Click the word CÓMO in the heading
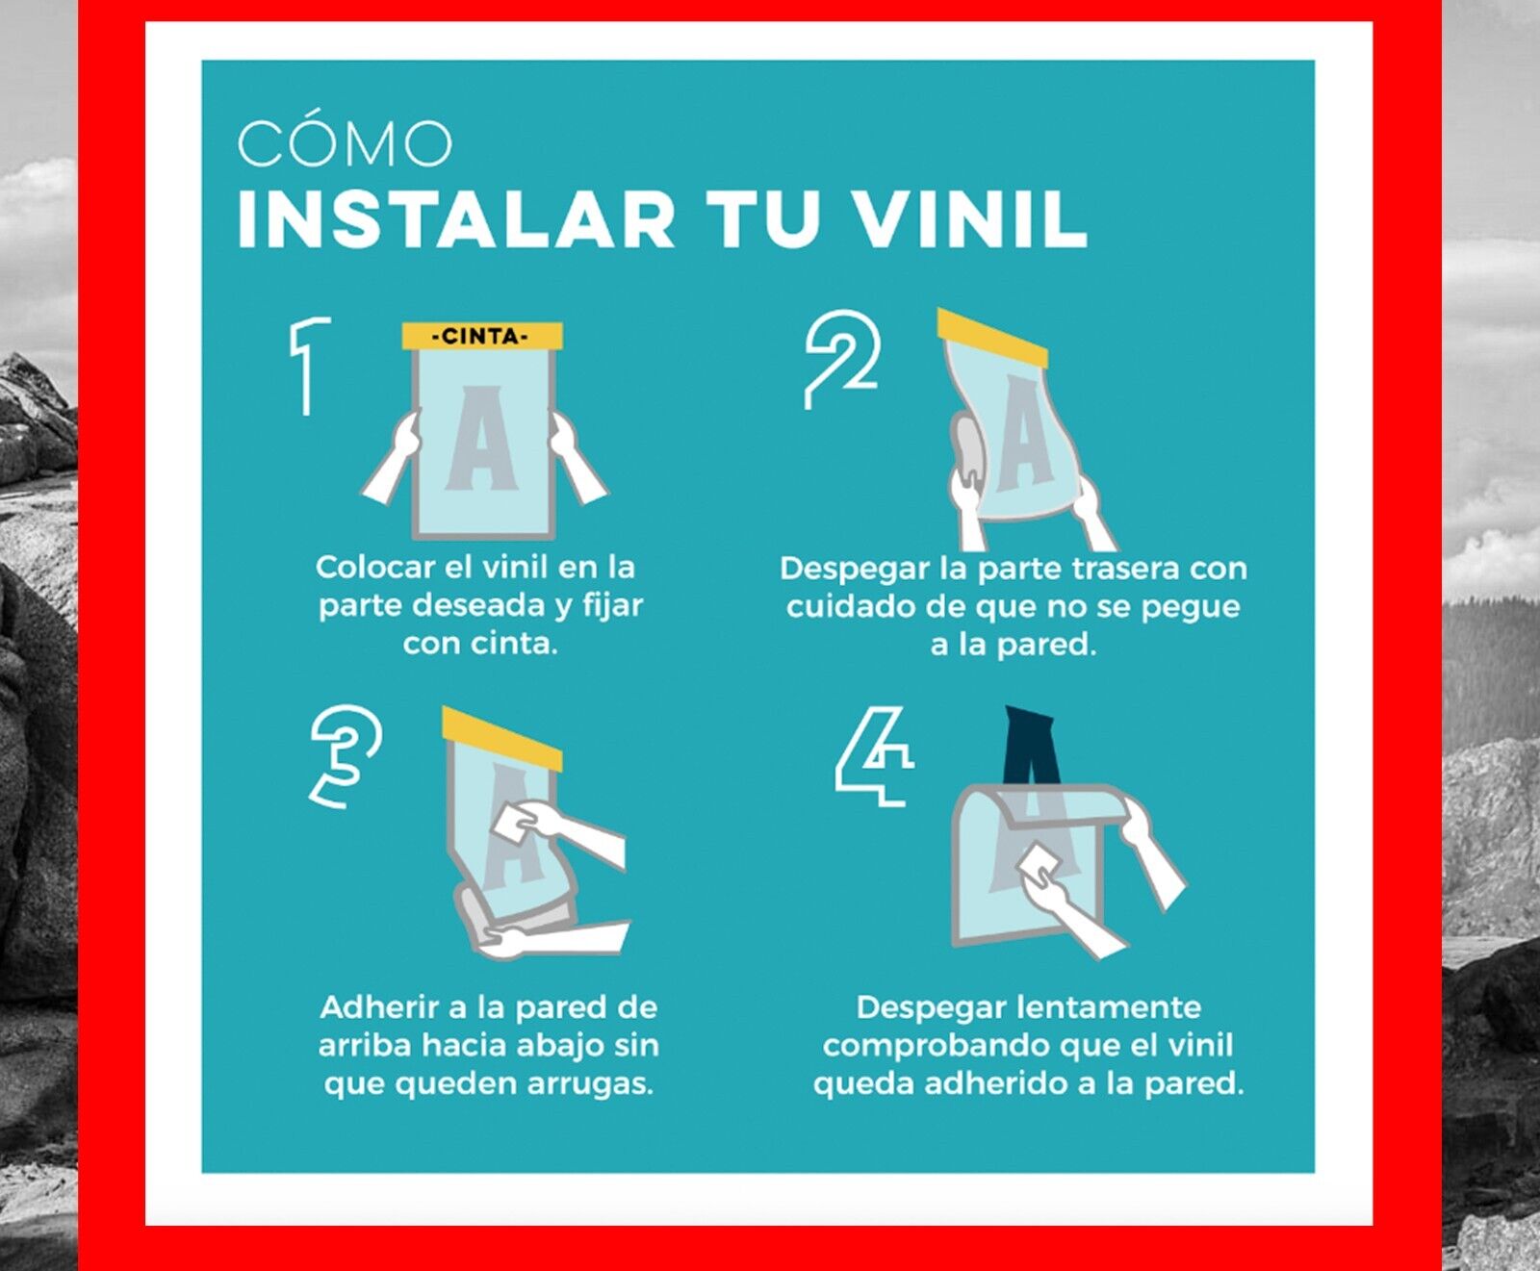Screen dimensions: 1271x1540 click(x=345, y=144)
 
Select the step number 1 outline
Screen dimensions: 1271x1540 click(x=307, y=366)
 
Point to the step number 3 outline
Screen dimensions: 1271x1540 click(x=345, y=756)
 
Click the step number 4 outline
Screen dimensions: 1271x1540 click(x=874, y=756)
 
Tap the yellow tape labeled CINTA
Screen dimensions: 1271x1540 click(x=481, y=337)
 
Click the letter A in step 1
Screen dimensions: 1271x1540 click(x=481, y=438)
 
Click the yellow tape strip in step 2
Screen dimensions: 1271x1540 click(x=992, y=338)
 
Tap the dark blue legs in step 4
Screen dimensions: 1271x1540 click(x=1031, y=747)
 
